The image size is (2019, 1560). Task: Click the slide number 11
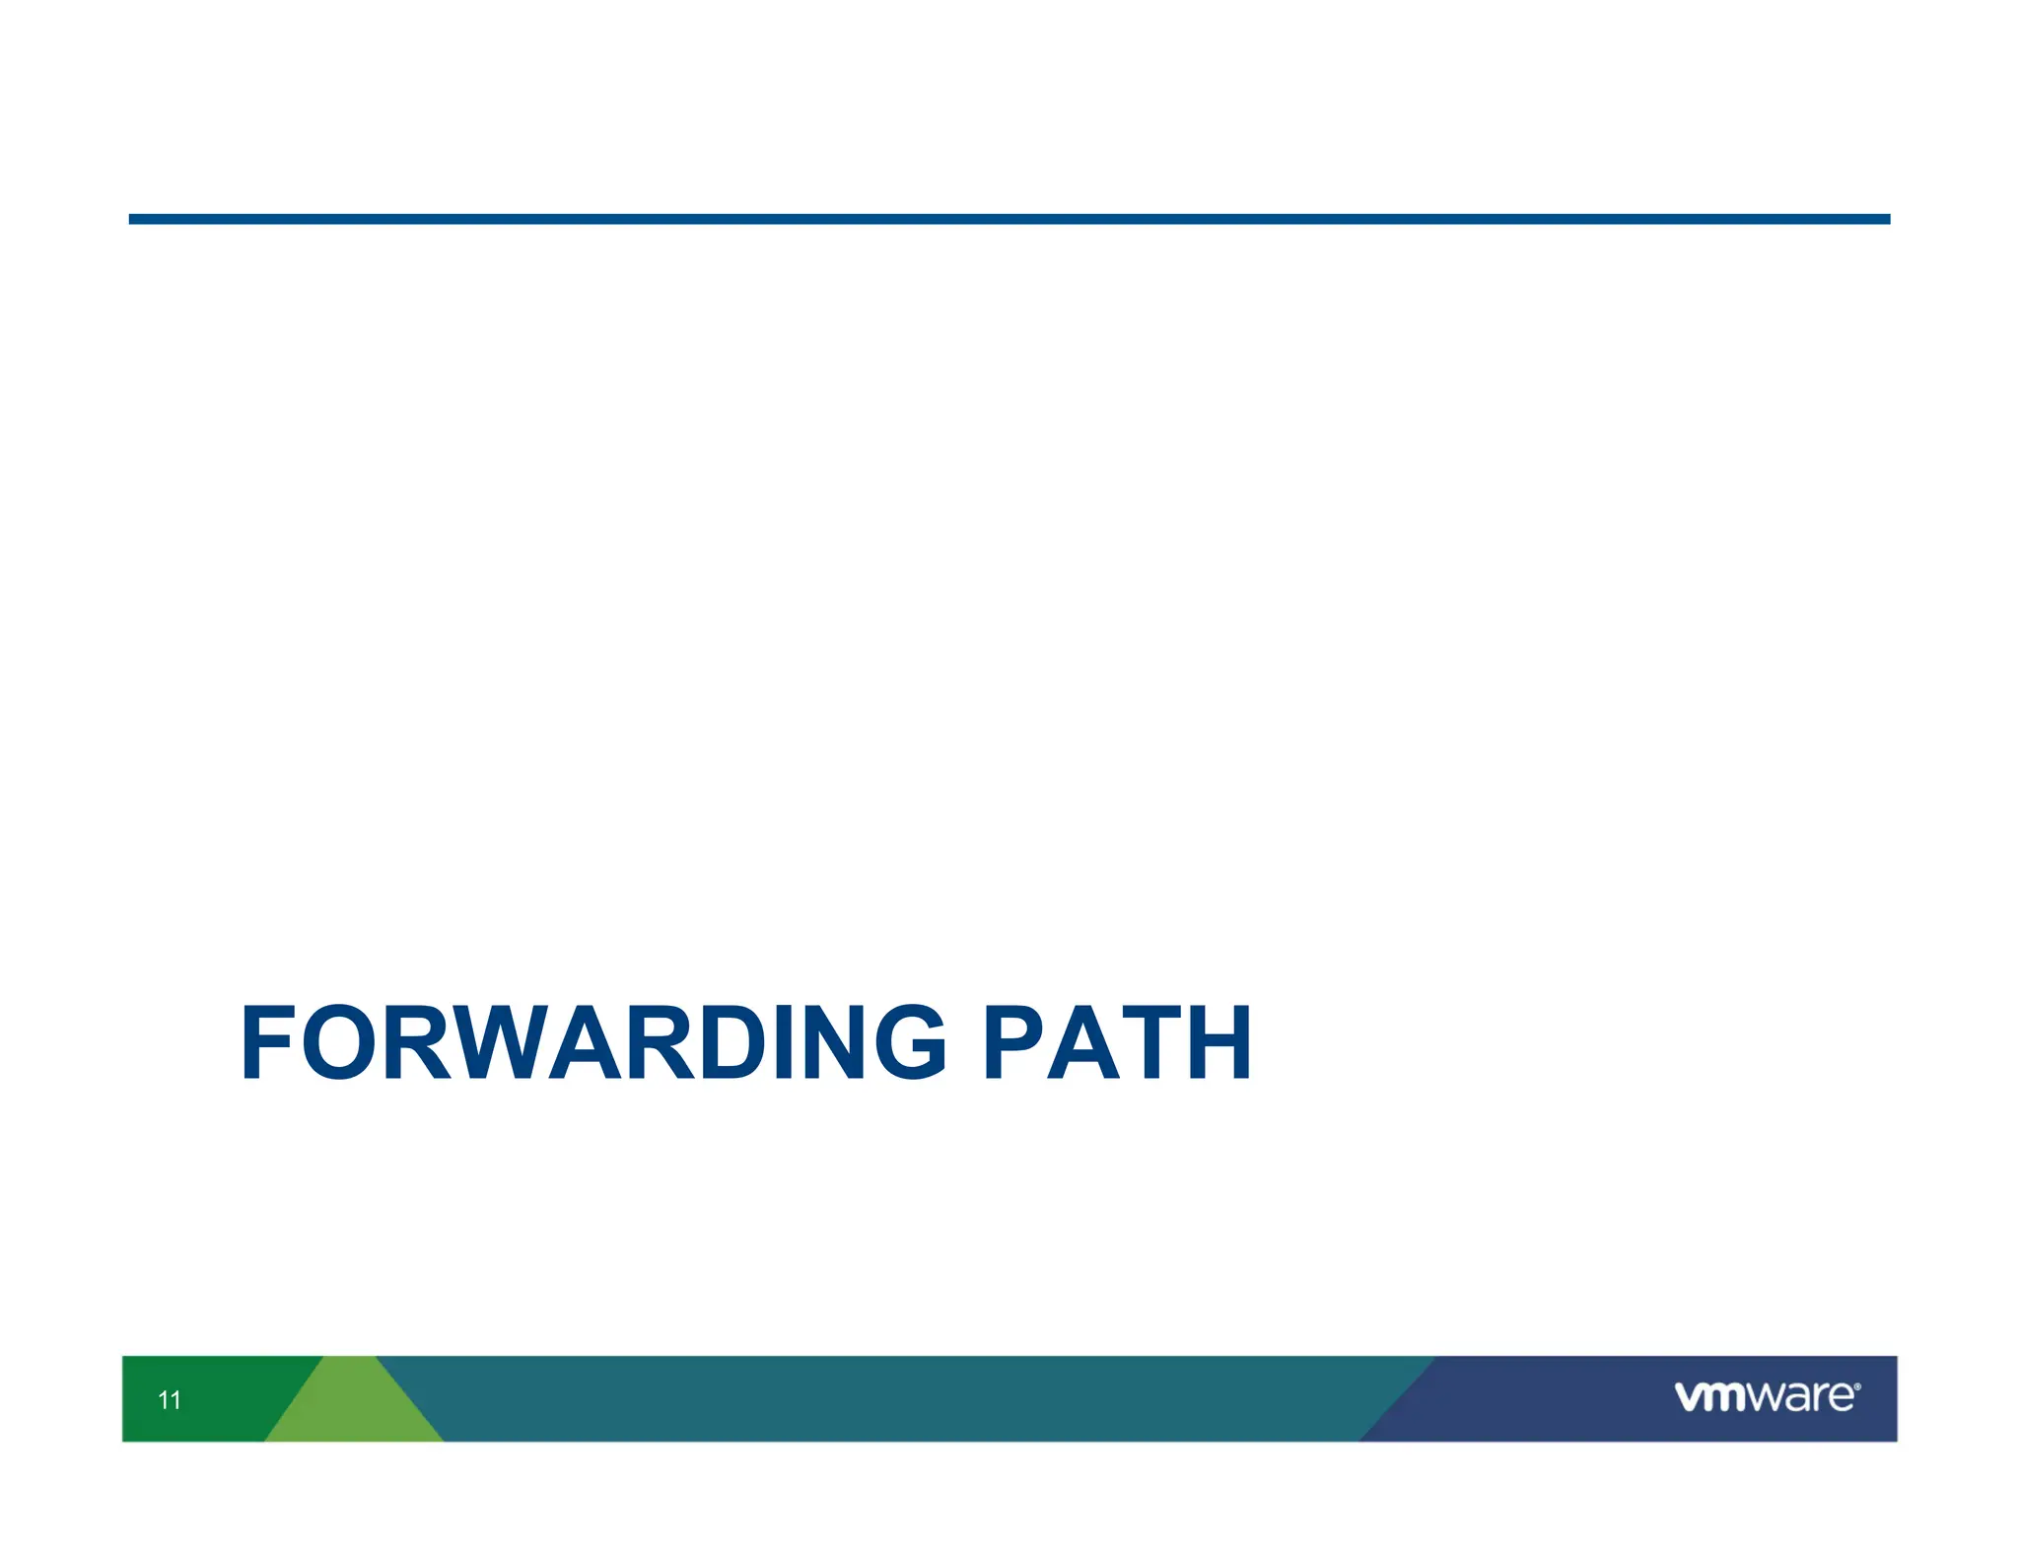tap(170, 1399)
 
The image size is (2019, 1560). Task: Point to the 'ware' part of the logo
tap(1805, 1397)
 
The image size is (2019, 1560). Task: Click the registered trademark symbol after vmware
tap(1857, 1386)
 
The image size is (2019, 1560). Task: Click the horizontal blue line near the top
tap(1009, 219)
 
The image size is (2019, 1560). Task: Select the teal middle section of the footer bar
tap(887, 1398)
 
